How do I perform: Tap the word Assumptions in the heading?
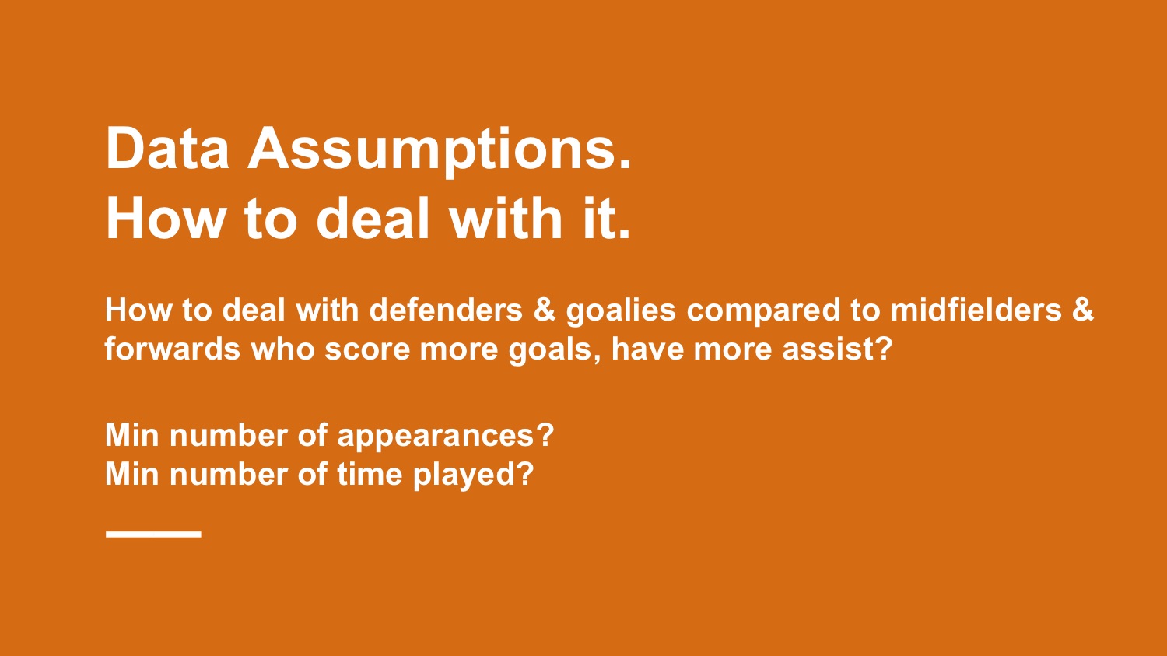point(440,153)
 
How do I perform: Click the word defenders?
point(446,310)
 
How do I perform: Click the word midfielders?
point(976,310)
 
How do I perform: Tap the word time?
point(370,474)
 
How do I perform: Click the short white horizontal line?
point(153,534)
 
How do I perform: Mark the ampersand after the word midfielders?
point(1083,310)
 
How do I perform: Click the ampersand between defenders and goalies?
point(545,310)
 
